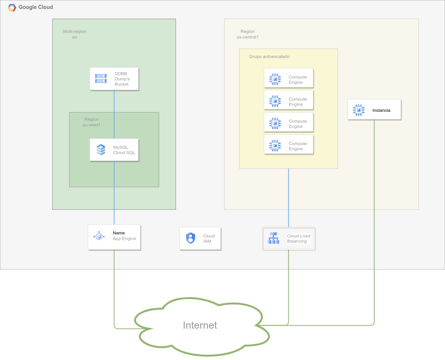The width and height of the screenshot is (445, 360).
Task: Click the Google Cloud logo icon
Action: click(x=12, y=7)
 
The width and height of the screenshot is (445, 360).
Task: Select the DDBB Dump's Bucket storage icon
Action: click(x=101, y=79)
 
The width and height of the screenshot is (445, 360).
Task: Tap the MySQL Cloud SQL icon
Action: click(x=101, y=150)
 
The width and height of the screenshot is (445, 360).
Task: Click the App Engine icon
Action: click(x=99, y=236)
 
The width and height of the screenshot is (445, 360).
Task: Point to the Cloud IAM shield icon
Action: click(x=191, y=238)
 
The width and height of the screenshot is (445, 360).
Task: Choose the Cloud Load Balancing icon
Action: click(x=274, y=238)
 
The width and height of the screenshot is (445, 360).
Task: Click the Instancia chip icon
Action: click(x=358, y=110)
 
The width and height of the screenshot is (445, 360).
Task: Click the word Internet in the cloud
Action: click(x=200, y=325)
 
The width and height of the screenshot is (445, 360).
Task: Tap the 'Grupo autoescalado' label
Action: click(x=269, y=56)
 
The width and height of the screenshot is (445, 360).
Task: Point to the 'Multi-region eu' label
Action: click(x=74, y=34)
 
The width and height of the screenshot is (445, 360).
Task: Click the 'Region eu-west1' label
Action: click(x=92, y=122)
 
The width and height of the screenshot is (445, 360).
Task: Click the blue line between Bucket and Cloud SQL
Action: click(x=114, y=112)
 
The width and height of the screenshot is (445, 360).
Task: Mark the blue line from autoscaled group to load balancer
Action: click(x=288, y=198)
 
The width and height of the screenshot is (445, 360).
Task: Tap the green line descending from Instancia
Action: click(x=374, y=224)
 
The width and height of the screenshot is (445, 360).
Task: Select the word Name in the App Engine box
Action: click(x=119, y=233)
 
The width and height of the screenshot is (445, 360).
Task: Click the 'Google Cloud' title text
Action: click(x=36, y=7)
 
